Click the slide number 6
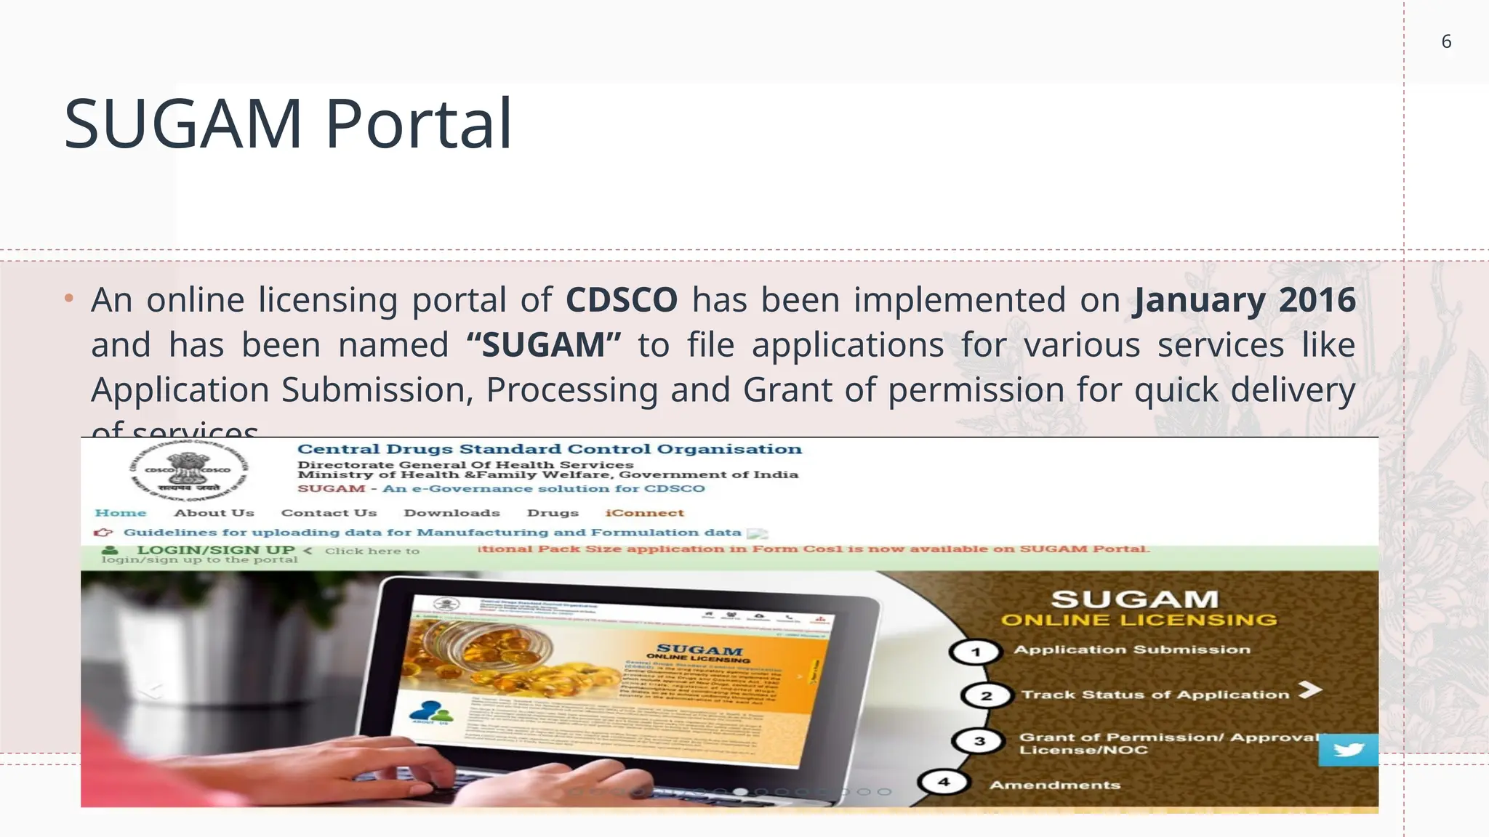coord(1446,42)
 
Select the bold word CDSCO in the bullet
coord(622,300)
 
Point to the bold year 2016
coord(1317,300)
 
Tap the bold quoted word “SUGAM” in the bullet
coord(544,345)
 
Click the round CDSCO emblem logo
coord(188,471)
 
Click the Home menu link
coord(121,513)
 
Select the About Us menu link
coord(214,513)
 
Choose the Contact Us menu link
coord(329,513)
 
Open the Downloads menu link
coord(451,513)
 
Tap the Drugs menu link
coord(553,513)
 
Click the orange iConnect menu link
coord(645,513)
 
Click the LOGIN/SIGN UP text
coord(215,550)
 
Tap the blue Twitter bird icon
coord(1348,749)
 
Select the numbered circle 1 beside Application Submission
coord(976,652)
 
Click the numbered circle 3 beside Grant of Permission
coord(979,741)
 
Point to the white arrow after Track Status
coord(1309,690)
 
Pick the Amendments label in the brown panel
coord(1054,785)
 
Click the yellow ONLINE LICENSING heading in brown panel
coord(1139,620)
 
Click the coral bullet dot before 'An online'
coord(69,298)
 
